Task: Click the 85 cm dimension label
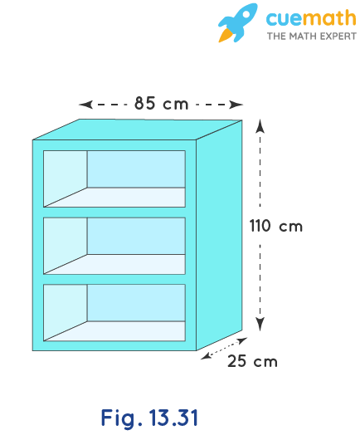[161, 103]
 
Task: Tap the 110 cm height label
[276, 226]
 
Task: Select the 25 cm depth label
[252, 361]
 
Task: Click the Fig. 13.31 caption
[149, 418]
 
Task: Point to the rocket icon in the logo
[237, 23]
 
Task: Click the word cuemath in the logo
[311, 18]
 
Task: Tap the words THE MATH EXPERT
[312, 37]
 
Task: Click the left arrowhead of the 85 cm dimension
[85, 105]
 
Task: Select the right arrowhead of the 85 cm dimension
[236, 105]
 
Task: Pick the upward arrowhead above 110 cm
[260, 126]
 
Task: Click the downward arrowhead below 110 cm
[260, 324]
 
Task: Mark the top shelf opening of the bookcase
[114, 179]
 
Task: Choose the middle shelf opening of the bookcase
[114, 246]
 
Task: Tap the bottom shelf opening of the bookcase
[114, 313]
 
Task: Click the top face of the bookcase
[138, 130]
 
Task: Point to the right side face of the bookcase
[219, 235]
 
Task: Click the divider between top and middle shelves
[114, 213]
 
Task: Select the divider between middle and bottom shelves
[114, 279]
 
